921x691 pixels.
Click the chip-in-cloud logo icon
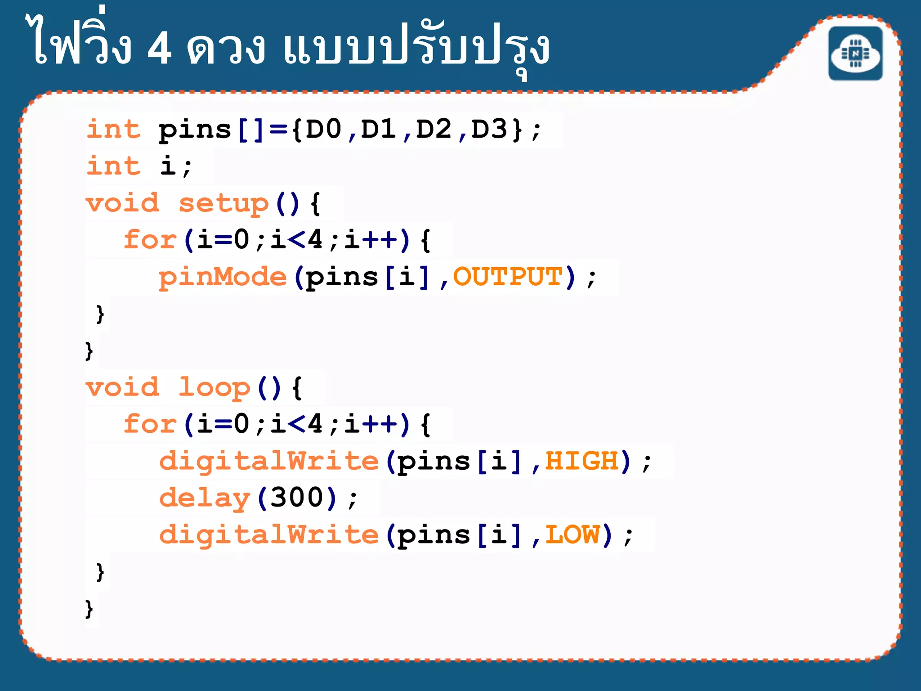855,54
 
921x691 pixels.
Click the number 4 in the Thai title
160,49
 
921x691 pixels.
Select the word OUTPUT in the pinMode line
508,276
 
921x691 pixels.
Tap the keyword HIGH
582,461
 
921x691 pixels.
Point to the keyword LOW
572,534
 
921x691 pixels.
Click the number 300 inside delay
297,498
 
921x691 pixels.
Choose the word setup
224,203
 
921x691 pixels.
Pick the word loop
214,388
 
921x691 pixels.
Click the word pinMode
223,277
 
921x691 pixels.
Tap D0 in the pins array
323,129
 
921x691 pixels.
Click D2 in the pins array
434,129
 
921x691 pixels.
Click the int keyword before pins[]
113,129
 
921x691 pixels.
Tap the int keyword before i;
113,166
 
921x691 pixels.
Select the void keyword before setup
122,203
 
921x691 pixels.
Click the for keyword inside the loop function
150,424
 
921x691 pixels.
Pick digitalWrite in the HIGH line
269,462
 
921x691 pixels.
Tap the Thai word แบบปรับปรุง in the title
416,49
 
